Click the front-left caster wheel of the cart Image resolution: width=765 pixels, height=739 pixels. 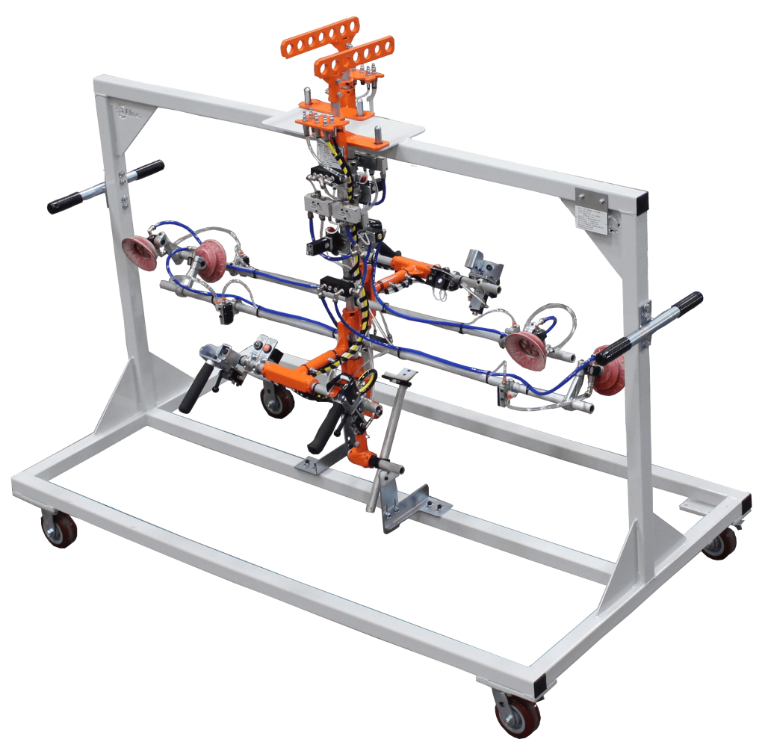[58, 528]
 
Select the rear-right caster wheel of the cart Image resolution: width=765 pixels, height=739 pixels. [719, 545]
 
